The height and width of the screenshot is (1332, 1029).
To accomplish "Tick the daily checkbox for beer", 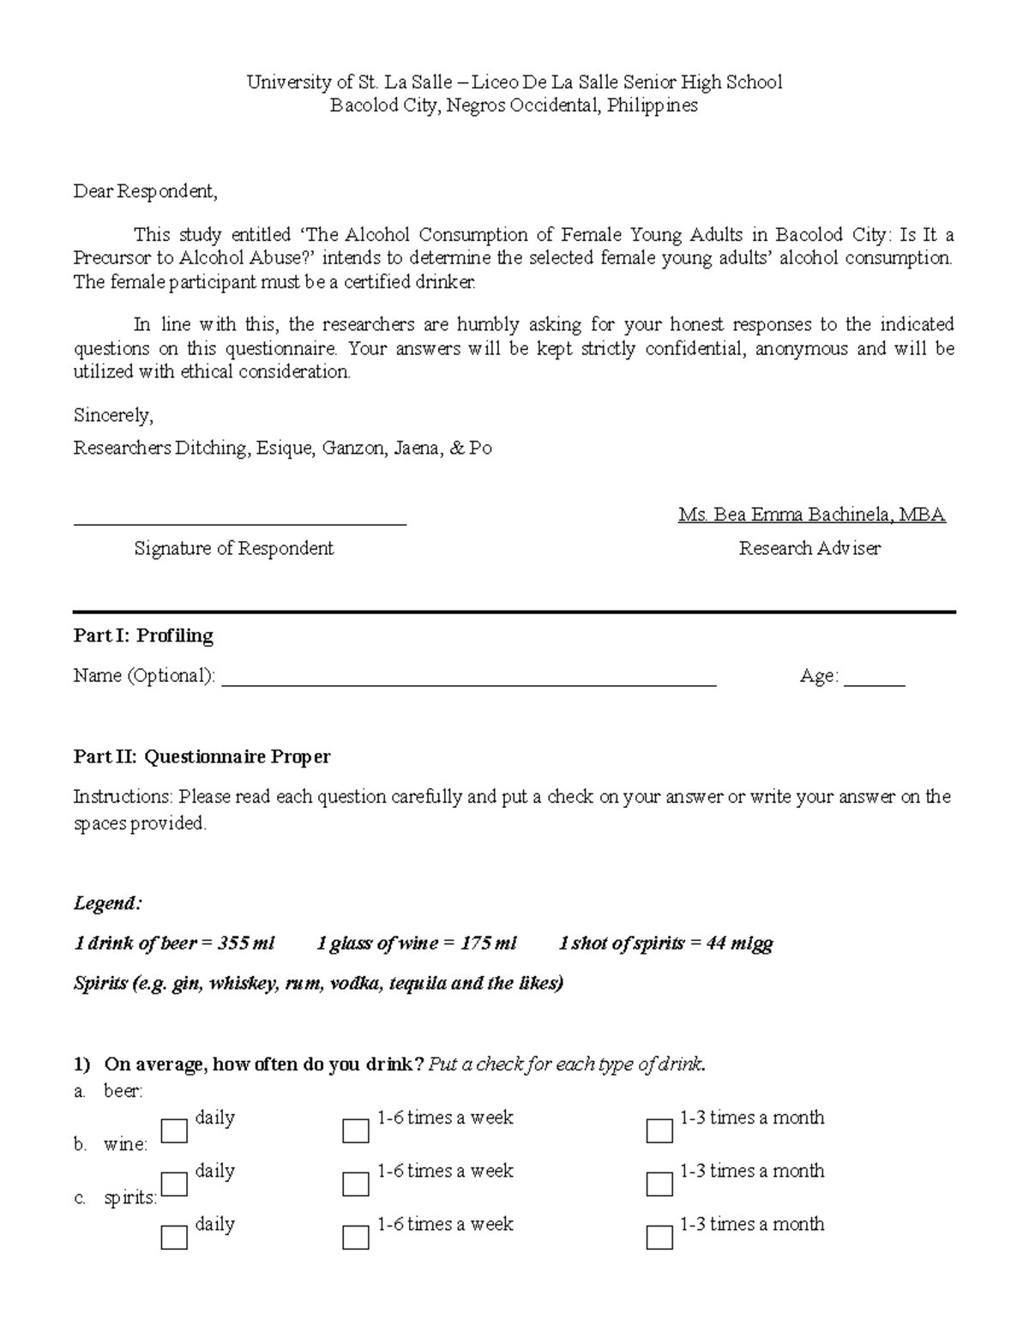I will pos(174,1130).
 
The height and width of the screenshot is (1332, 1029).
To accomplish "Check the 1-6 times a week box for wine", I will pos(355,1184).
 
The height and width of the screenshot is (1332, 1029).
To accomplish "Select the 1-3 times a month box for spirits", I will pos(659,1237).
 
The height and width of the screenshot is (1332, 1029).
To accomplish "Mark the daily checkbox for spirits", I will pos(174,1237).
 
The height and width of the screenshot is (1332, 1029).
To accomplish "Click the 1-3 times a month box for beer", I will pos(659,1130).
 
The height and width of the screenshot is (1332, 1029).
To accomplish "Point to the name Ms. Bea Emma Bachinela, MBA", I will pos(811,515).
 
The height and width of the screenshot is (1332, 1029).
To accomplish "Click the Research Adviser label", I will pos(809,548).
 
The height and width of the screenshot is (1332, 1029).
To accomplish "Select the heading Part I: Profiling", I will pos(143,636).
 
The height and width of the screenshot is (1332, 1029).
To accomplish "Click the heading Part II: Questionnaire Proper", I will pos(202,756).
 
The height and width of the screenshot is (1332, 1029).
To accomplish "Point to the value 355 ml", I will pos(246,943).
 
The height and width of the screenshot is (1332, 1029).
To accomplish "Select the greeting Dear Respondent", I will pos(145,191).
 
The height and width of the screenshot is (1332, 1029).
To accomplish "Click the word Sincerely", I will pos(112,416).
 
